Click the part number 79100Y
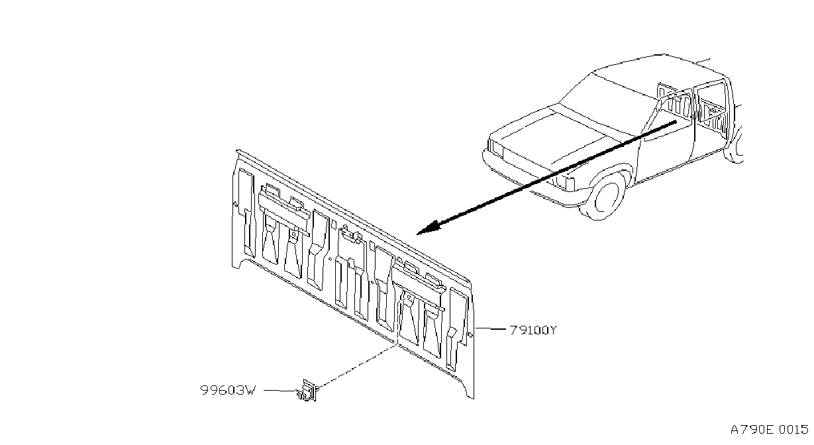click(533, 330)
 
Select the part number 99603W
click(229, 390)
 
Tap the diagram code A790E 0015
click(769, 430)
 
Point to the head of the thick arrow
click(418, 233)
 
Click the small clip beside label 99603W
click(307, 391)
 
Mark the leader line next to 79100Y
click(490, 328)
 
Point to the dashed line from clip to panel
click(357, 366)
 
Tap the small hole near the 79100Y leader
click(471, 334)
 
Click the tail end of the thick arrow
click(675, 122)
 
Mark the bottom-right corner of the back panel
click(474, 399)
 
